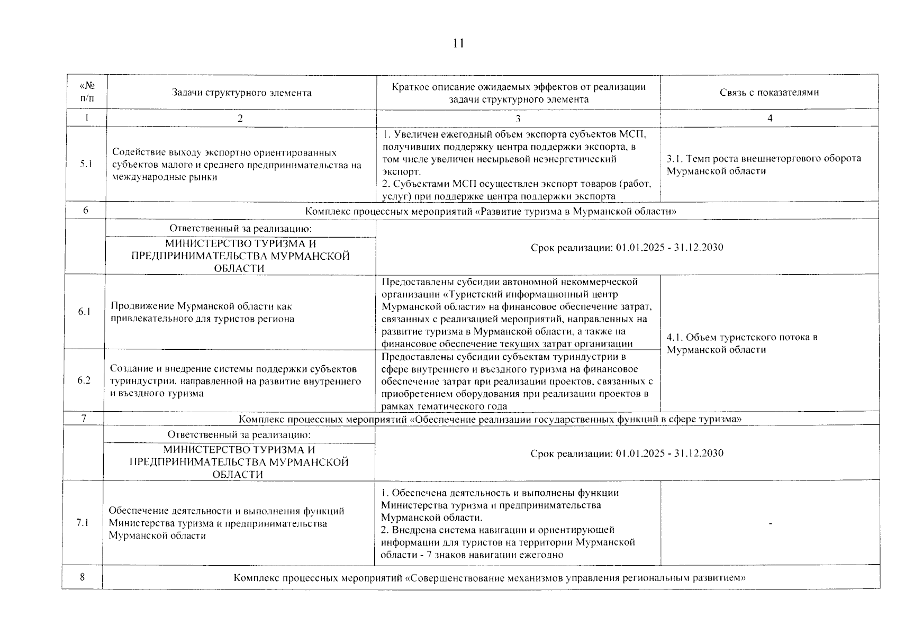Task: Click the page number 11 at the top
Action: point(458,43)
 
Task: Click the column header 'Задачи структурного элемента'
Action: point(241,93)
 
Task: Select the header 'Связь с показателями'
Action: point(769,93)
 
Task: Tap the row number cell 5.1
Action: point(86,164)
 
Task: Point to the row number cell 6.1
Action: point(85,312)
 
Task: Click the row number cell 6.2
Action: point(84,380)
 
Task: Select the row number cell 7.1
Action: point(83,523)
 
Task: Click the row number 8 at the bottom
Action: point(83,577)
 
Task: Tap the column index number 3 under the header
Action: point(518,119)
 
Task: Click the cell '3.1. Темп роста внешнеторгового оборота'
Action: point(764,158)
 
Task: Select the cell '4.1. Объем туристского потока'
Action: point(742,337)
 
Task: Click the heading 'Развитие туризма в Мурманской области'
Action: point(491,212)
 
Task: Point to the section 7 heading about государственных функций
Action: point(490,419)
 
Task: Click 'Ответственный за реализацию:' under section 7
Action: point(239,434)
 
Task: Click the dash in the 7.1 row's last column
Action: point(770,524)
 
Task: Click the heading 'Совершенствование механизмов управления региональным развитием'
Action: point(490,578)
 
